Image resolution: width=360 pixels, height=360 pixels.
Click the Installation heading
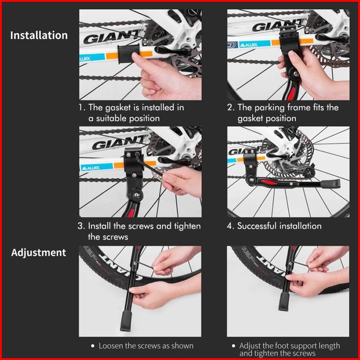[39, 35]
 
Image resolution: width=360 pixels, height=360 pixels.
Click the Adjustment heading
[38, 253]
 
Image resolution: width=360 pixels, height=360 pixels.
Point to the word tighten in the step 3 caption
[187, 226]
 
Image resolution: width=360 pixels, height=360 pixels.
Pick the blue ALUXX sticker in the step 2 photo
[254, 44]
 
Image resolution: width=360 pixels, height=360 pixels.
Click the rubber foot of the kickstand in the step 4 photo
[331, 183]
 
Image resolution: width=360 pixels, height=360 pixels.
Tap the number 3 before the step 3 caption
[80, 226]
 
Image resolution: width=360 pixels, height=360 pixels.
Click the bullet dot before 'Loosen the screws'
[93, 346]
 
